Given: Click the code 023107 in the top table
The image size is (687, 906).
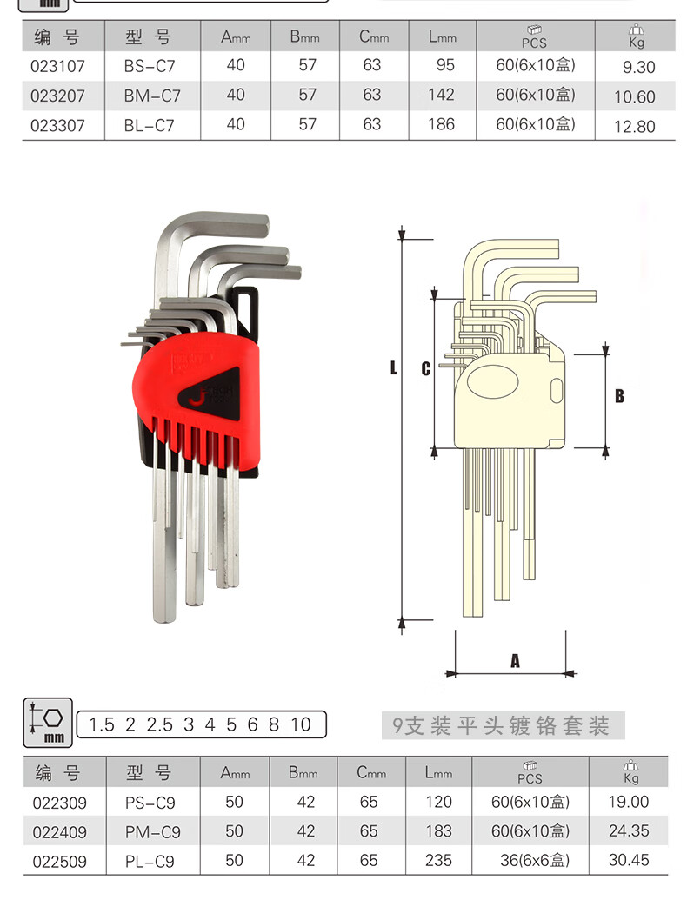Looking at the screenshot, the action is tap(57, 66).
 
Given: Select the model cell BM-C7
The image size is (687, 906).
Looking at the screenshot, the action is tap(152, 96).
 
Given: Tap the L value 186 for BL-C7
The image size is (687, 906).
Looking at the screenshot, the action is tap(441, 124).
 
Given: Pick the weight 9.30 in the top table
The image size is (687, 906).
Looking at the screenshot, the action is tap(638, 68).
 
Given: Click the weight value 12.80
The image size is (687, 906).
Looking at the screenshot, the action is tap(634, 127).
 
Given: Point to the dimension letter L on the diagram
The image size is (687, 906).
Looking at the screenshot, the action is tap(393, 367).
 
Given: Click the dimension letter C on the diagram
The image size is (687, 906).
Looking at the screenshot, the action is tap(425, 368).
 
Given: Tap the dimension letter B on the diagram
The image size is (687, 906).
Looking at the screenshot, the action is tap(619, 396).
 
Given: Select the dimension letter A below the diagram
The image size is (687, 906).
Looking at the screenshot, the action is tap(515, 660).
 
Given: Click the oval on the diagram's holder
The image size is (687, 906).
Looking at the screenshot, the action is tap(492, 383).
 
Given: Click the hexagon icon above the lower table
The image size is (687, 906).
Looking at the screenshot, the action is tap(54, 717).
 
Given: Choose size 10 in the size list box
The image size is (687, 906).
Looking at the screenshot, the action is tap(301, 724).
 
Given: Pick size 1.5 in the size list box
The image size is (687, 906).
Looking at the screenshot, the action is tap(102, 724).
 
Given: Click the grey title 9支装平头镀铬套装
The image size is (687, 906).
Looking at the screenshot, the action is tap(501, 725).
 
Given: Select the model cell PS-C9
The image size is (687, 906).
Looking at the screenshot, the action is tap(150, 803).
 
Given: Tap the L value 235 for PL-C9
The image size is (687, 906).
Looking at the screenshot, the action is tap(438, 860).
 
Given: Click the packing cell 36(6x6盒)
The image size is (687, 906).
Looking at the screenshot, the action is tap(535, 860).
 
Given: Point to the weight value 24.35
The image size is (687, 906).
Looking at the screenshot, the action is tap(629, 831).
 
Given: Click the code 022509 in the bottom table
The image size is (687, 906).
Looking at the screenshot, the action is tap(59, 862).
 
